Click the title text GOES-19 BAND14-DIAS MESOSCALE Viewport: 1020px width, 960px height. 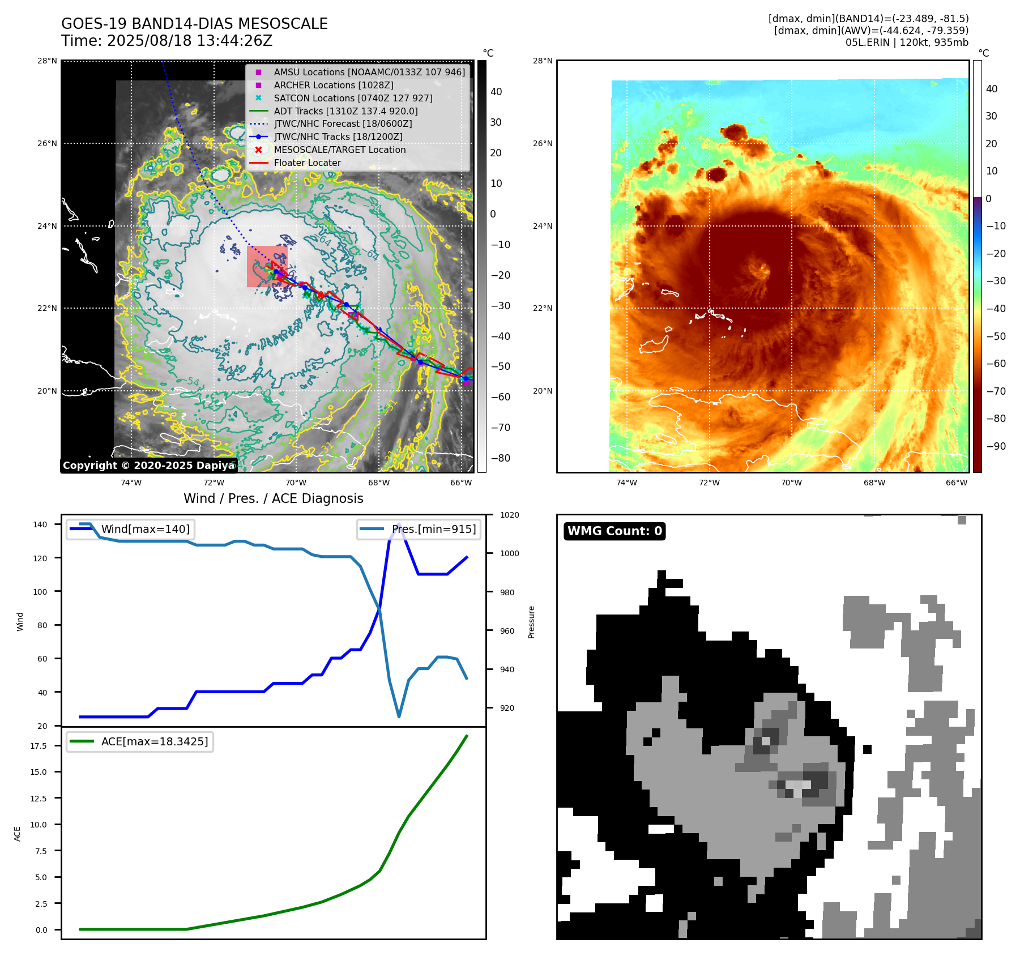coord(194,24)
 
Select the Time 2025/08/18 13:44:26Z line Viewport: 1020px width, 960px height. coord(167,41)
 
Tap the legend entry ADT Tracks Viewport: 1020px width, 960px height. coord(345,111)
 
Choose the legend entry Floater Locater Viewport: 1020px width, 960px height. coord(307,163)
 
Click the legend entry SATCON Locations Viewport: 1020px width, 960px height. coord(353,98)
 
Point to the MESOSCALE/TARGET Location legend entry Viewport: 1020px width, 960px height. coord(340,150)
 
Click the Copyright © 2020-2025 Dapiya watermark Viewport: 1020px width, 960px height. coord(148,466)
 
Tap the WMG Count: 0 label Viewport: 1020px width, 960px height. coord(614,531)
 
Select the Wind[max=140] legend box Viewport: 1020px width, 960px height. coord(130,530)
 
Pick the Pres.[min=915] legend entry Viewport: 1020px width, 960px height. coord(419,530)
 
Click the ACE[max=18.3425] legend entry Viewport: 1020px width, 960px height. coord(140,742)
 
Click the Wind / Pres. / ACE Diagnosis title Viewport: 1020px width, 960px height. coord(274,498)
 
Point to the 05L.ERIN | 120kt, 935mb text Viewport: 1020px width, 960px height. coord(907,42)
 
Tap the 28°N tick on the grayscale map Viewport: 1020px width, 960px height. coord(47,61)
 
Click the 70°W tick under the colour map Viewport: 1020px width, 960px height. coord(791,483)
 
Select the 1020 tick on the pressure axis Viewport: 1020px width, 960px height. coord(510,515)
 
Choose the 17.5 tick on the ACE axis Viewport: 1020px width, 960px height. coord(39,746)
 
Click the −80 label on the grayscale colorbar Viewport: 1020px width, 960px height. coord(500,458)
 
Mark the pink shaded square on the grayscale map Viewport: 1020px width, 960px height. coord(267,266)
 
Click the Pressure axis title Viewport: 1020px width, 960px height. coord(531,622)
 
